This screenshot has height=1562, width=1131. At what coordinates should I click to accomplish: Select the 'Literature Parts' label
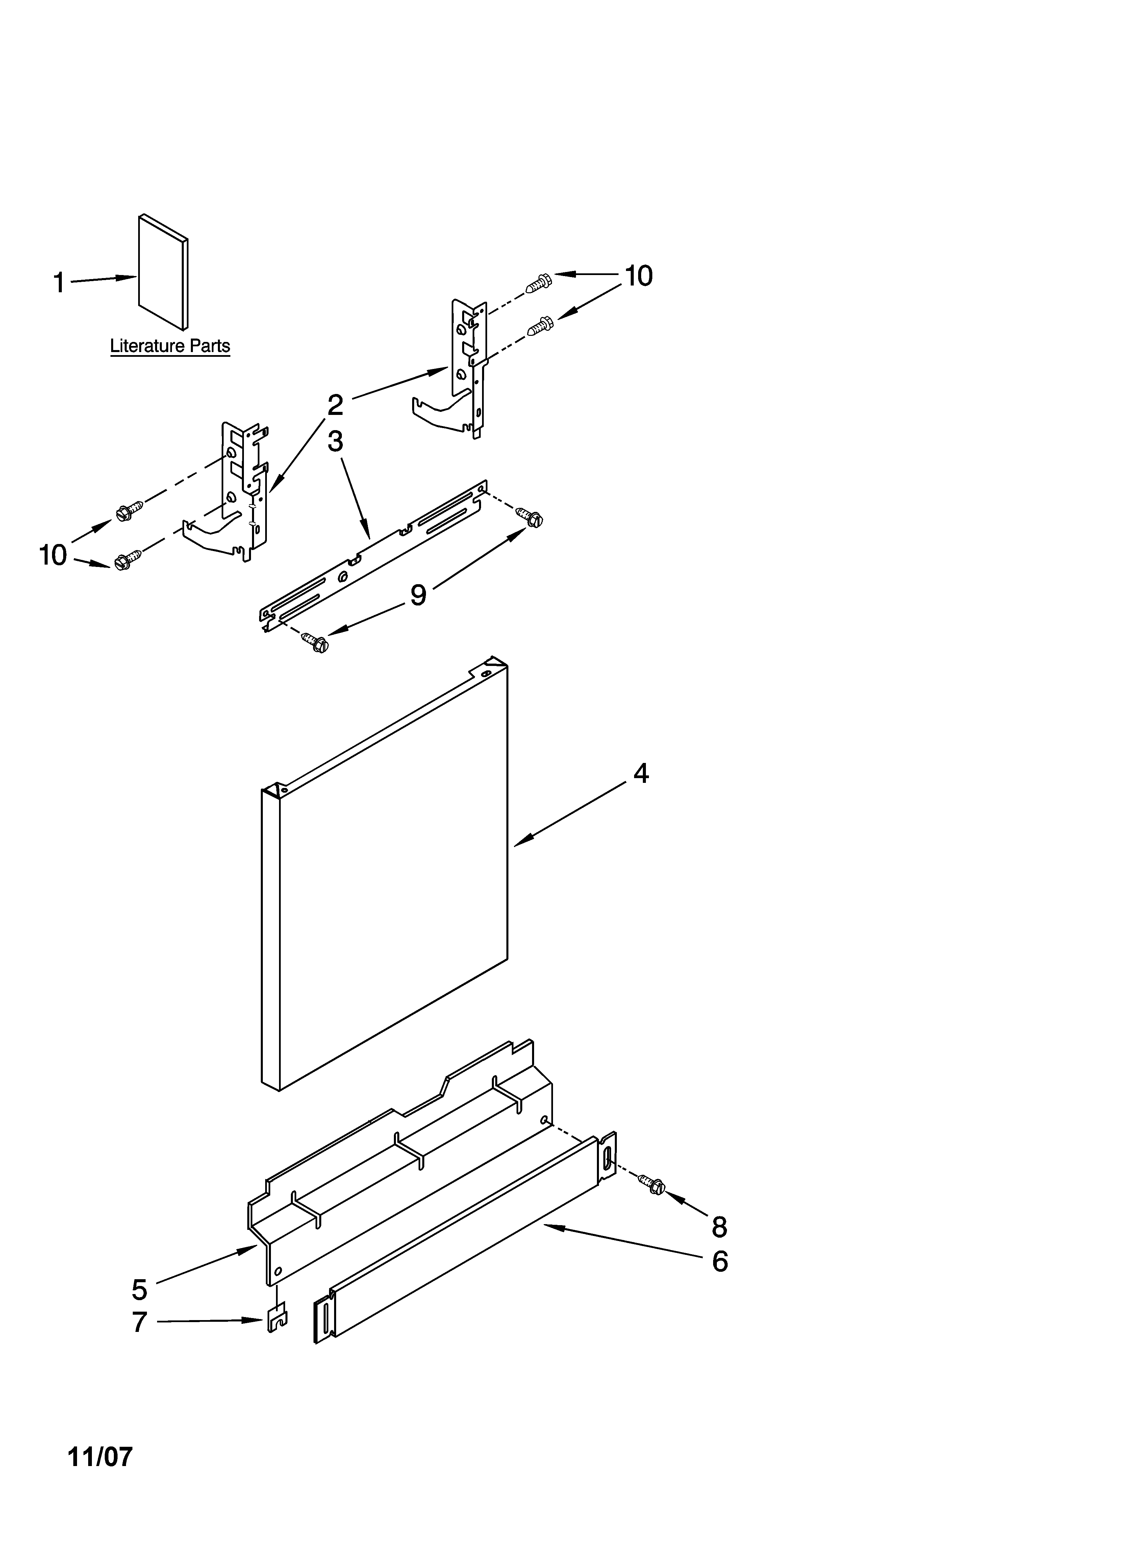170,346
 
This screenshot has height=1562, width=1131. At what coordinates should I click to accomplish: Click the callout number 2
335,405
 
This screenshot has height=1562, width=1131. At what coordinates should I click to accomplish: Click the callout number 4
640,774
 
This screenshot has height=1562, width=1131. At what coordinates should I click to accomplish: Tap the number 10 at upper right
638,276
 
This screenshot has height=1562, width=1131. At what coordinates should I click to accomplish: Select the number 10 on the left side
53,555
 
